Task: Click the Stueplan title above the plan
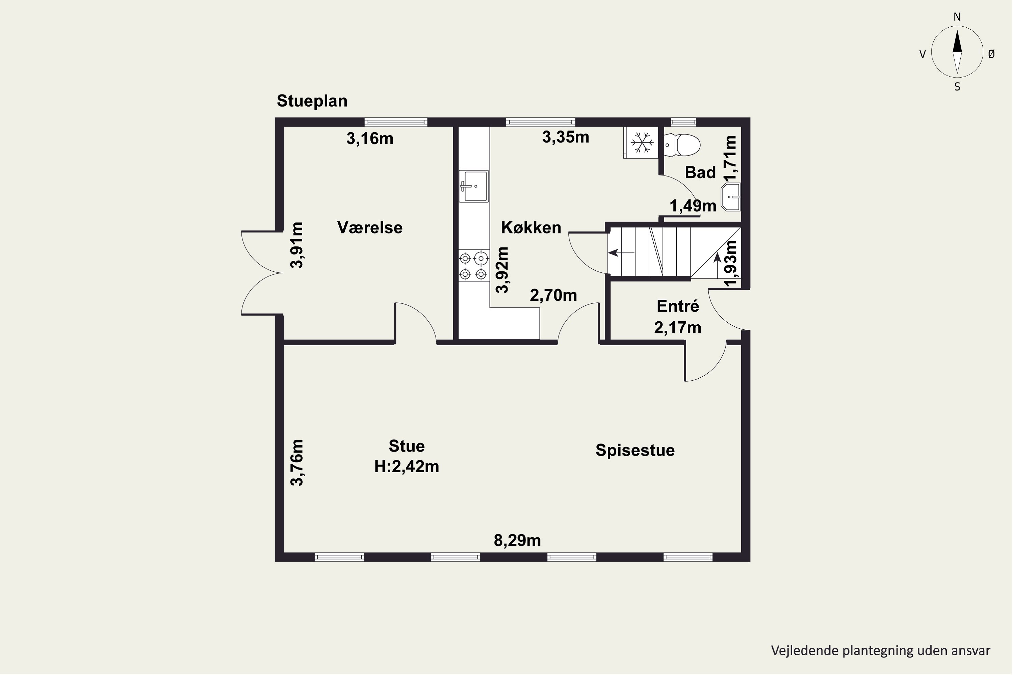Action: click(x=312, y=101)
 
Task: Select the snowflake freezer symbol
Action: click(x=641, y=142)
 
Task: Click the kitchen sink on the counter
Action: click(x=473, y=186)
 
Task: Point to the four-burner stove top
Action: click(x=474, y=266)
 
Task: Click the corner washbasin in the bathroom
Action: click(x=731, y=197)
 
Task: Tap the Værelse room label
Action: click(x=369, y=227)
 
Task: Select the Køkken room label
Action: click(x=531, y=227)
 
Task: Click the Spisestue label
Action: click(x=635, y=450)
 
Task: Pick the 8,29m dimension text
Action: click(x=517, y=540)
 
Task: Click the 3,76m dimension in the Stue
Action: click(x=297, y=462)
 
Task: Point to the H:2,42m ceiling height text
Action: click(x=406, y=466)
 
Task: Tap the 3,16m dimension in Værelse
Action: click(x=370, y=139)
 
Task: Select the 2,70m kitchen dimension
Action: click(x=553, y=295)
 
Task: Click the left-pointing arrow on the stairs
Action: click(x=621, y=253)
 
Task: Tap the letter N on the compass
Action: click(x=957, y=17)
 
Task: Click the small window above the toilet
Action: click(x=683, y=122)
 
